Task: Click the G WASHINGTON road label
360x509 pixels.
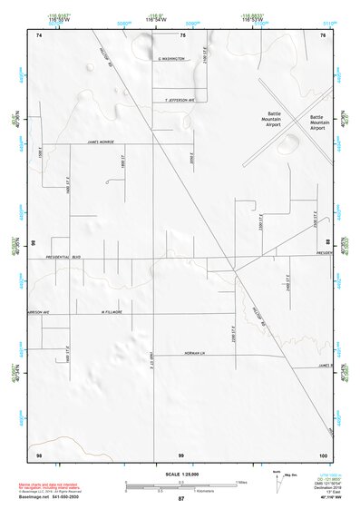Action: pyautogui.click(x=171, y=58)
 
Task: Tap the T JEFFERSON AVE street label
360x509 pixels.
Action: pyautogui.click(x=174, y=101)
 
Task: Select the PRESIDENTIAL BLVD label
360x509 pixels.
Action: pyautogui.click(x=63, y=257)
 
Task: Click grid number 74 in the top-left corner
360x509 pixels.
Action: pyautogui.click(x=38, y=34)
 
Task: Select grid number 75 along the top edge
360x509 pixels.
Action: pyautogui.click(x=182, y=34)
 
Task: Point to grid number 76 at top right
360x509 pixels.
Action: pyautogui.click(x=323, y=34)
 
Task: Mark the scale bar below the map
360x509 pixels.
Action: pyautogui.click(x=180, y=485)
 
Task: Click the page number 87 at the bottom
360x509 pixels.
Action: pyautogui.click(x=181, y=499)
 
